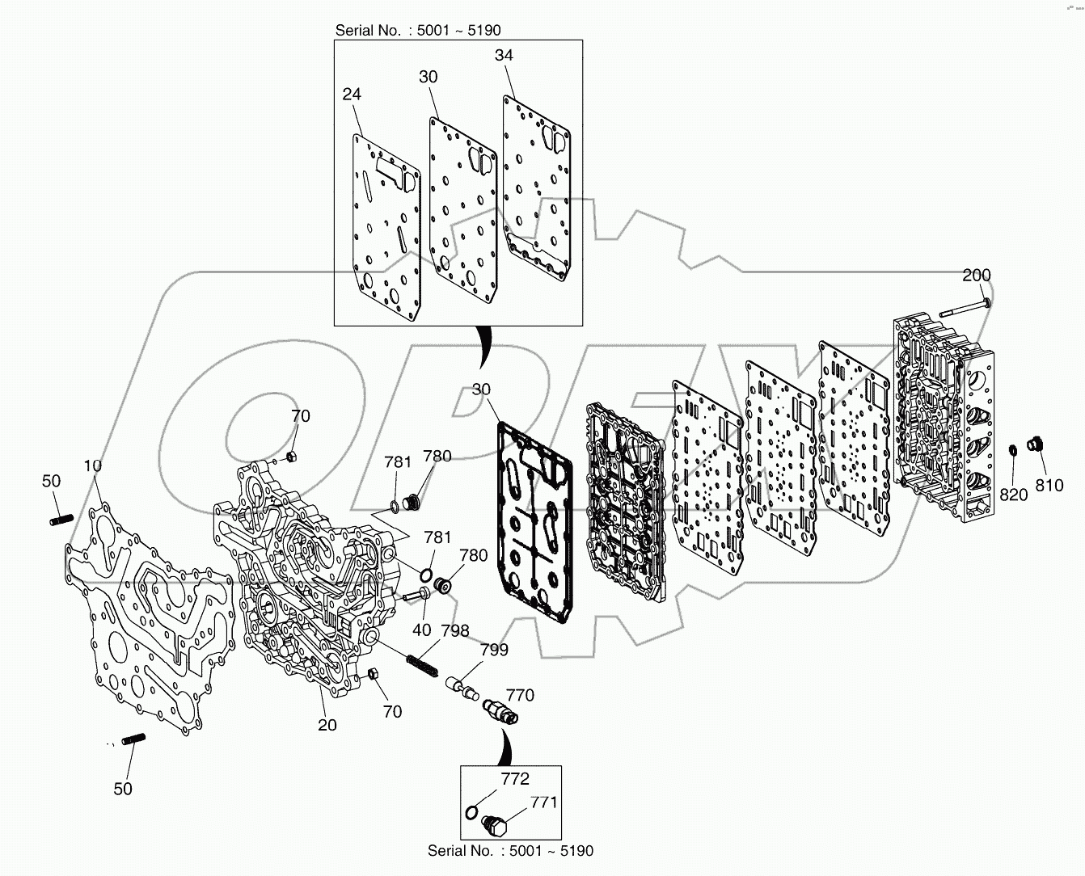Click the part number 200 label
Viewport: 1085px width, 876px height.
point(976,275)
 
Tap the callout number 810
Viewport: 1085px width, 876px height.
point(1050,486)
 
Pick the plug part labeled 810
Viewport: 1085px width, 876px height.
point(1034,444)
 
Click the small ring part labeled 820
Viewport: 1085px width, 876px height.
point(1011,449)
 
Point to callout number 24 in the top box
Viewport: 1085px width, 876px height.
point(351,94)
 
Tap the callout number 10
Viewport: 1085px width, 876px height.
point(92,465)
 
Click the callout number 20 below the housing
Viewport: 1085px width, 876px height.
point(327,725)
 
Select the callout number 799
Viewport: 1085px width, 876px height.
point(494,650)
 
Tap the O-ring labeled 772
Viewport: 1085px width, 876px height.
point(472,811)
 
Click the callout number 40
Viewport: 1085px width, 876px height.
point(421,630)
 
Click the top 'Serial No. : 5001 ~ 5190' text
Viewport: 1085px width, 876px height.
point(418,31)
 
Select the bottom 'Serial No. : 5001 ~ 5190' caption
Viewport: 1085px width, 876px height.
point(510,850)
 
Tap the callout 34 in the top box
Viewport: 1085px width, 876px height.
point(504,55)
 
